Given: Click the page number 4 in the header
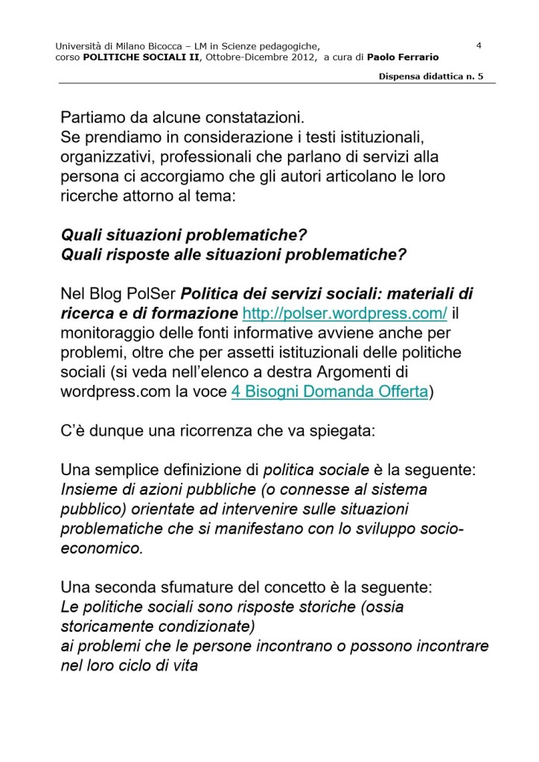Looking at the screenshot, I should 479,45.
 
